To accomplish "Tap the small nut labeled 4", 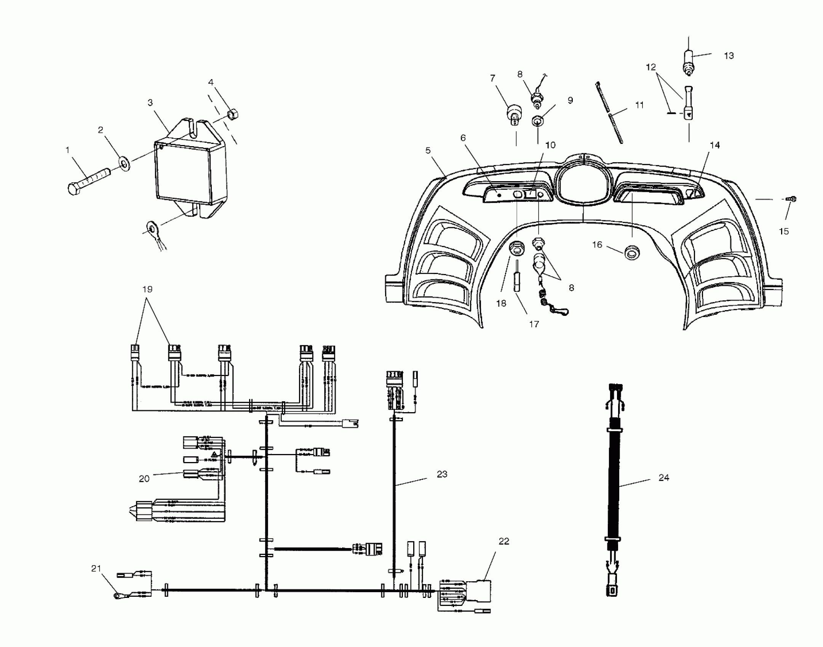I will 233,114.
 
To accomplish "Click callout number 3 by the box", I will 150,103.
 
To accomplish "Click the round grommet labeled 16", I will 632,253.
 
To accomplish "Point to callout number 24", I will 664,478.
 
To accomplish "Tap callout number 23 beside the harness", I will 442,474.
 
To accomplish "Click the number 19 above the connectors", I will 147,290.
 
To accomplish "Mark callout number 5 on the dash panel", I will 428,151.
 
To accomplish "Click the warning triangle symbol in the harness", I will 214,454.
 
